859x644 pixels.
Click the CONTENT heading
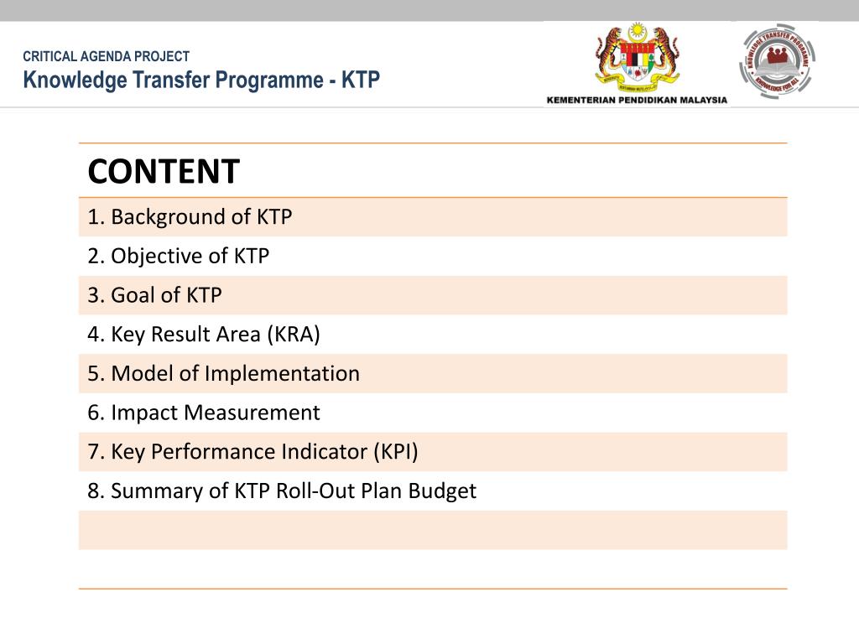pyautogui.click(x=164, y=172)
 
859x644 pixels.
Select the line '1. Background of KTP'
pyautogui.click(x=190, y=217)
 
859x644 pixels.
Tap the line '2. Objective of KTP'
pyautogui.click(x=179, y=257)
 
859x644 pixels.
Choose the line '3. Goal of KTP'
pyautogui.click(x=155, y=295)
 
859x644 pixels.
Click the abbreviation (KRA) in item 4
pyautogui.click(x=294, y=335)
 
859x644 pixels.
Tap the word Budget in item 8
pyautogui.click(x=442, y=491)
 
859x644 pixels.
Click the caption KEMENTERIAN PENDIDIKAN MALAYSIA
pyautogui.click(x=637, y=100)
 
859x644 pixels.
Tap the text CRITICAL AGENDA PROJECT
pyautogui.click(x=107, y=57)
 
